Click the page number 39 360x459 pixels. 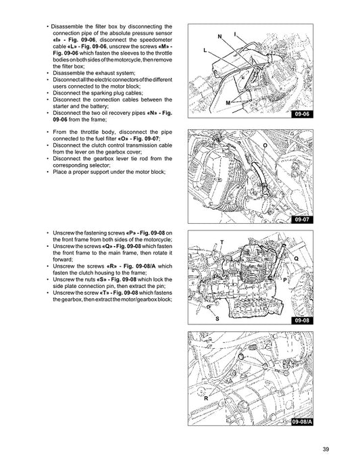(326, 449)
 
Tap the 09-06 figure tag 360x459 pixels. (302, 114)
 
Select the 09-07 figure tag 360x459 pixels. (302, 220)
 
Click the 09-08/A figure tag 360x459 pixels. (302, 422)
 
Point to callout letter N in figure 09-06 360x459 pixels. (220, 37)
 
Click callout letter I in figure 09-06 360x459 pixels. (235, 34)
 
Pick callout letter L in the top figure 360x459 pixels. (205, 50)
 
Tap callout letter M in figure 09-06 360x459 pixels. (228, 103)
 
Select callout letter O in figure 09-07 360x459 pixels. (265, 145)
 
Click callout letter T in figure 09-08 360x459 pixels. (222, 243)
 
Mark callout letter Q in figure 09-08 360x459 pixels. (297, 258)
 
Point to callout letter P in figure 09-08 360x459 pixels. (285, 280)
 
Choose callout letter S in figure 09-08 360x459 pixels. (217, 318)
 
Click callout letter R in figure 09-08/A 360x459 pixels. (206, 398)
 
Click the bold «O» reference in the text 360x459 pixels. (123, 139)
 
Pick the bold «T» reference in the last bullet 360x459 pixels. (104, 293)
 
